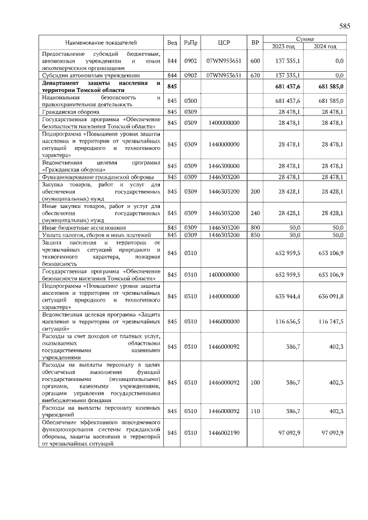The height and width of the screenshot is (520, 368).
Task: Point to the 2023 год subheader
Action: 283,46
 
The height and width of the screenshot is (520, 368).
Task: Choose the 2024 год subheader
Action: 325,46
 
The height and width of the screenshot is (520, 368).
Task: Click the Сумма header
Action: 304,39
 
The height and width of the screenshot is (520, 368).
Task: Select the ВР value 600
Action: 255,60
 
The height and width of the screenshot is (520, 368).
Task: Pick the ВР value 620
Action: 255,75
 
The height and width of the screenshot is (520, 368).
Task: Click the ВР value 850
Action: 255,235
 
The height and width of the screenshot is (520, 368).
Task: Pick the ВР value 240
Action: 255,213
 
